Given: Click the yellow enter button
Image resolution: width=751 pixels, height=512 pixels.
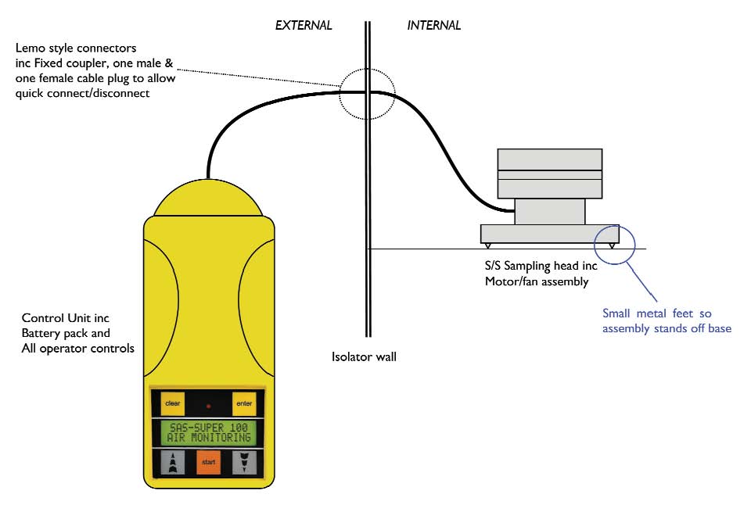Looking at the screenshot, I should click(x=243, y=403).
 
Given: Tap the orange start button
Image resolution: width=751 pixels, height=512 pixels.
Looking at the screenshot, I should click(x=208, y=463).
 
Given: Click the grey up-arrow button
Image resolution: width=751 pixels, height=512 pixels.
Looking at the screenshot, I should click(x=172, y=463).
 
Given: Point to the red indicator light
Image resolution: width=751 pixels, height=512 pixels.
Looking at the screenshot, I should click(x=208, y=406).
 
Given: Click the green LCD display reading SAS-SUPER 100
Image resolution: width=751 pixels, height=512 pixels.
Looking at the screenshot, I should click(x=208, y=432).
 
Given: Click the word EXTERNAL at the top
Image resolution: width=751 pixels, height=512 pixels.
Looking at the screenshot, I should click(x=304, y=25).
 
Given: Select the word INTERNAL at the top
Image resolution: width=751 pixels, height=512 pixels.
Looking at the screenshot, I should click(x=434, y=25).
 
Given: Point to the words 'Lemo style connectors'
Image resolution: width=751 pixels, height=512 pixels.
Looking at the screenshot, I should click(x=76, y=48).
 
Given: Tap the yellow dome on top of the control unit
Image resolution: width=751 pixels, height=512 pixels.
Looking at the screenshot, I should click(x=208, y=197).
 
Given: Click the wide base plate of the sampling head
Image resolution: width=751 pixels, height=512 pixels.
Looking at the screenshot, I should click(x=548, y=233).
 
